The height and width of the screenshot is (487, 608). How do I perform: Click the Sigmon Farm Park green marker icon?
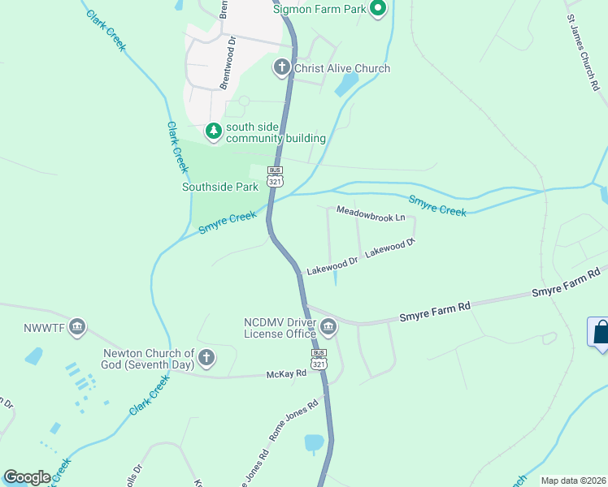377,9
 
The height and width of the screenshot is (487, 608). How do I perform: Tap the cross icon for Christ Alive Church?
282,67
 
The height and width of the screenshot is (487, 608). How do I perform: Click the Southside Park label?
219,187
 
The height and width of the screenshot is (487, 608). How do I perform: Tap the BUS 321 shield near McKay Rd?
319,360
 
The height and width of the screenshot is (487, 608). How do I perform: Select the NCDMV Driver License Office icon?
328,328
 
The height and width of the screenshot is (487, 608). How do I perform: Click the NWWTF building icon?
77,327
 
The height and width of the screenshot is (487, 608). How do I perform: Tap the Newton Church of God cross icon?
206,357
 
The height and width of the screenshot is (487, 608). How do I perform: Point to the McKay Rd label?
286,374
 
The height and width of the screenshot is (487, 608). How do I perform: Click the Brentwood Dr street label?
228,62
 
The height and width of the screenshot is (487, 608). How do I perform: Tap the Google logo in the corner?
27,477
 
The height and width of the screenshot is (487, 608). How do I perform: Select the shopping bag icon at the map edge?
600,333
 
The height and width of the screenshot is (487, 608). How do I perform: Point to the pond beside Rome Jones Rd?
314,442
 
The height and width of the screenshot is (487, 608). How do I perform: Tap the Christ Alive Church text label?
342,68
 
